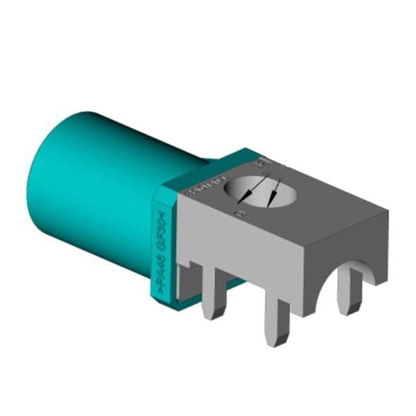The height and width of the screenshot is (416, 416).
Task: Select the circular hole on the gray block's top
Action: tap(263, 191)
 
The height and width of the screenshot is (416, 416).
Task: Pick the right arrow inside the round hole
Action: tap(276, 191)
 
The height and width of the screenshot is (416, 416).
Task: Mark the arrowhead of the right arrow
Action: tap(272, 202)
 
